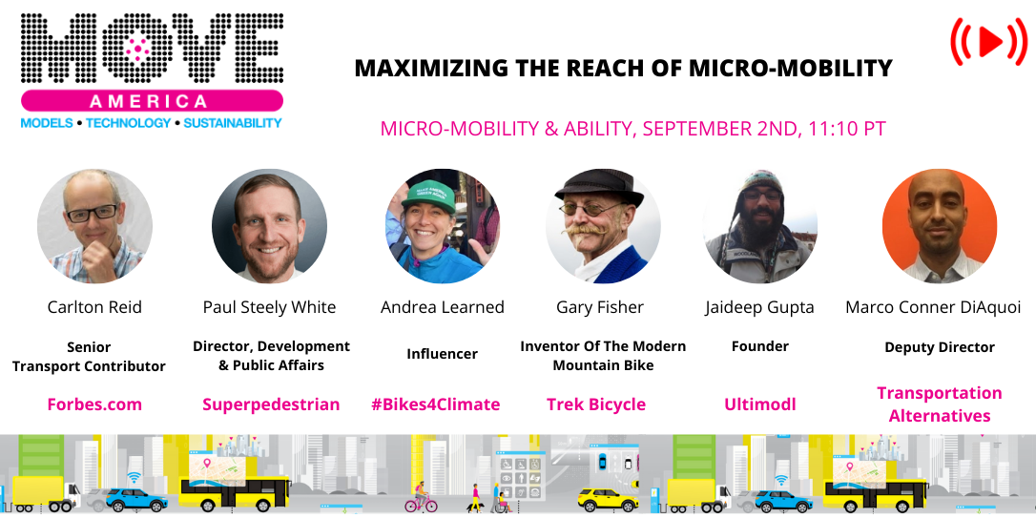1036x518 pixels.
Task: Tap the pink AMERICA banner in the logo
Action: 150,101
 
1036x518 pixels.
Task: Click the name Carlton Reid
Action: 94,307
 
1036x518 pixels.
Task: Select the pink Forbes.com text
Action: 94,404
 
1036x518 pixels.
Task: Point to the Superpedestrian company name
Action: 271,404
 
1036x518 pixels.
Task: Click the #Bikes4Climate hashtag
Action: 435,404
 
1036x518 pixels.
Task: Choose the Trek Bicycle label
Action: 596,404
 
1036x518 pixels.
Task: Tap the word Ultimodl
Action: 760,404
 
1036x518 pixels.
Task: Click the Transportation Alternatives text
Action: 940,404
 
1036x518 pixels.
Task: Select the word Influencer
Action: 443,353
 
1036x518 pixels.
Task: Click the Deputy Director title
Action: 940,347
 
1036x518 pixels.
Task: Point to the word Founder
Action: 760,346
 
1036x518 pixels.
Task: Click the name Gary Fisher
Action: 600,307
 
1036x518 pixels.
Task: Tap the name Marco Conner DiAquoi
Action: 933,307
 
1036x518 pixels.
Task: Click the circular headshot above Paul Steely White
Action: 269,227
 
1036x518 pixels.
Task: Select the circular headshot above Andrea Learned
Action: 443,227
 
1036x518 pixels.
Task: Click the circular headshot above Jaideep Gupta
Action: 760,227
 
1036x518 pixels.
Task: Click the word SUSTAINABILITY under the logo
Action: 233,123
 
